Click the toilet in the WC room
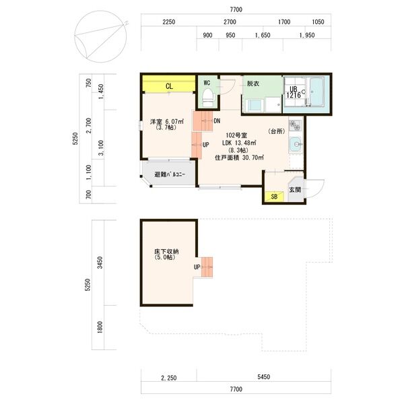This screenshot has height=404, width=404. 208,98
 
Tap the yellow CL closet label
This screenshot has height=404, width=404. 169,86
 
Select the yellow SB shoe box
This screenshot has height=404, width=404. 274,197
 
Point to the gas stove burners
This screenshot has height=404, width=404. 296,125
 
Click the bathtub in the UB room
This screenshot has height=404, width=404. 316,92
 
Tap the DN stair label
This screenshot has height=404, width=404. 217,121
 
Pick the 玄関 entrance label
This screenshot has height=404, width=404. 295,190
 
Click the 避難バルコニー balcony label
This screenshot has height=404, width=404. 170,174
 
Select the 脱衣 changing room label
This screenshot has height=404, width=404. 253,83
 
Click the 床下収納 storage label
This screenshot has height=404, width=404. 166,251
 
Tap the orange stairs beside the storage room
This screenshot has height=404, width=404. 207,267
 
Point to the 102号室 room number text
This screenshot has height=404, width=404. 236,135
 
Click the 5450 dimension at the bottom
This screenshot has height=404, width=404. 263,376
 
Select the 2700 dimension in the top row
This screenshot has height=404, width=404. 230,22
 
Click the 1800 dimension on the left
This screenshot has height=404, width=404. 100,327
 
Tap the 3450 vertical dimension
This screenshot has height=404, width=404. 100,263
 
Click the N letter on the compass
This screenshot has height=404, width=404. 126,24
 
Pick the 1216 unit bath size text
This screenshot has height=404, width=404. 294,95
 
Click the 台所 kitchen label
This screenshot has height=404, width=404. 277,131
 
